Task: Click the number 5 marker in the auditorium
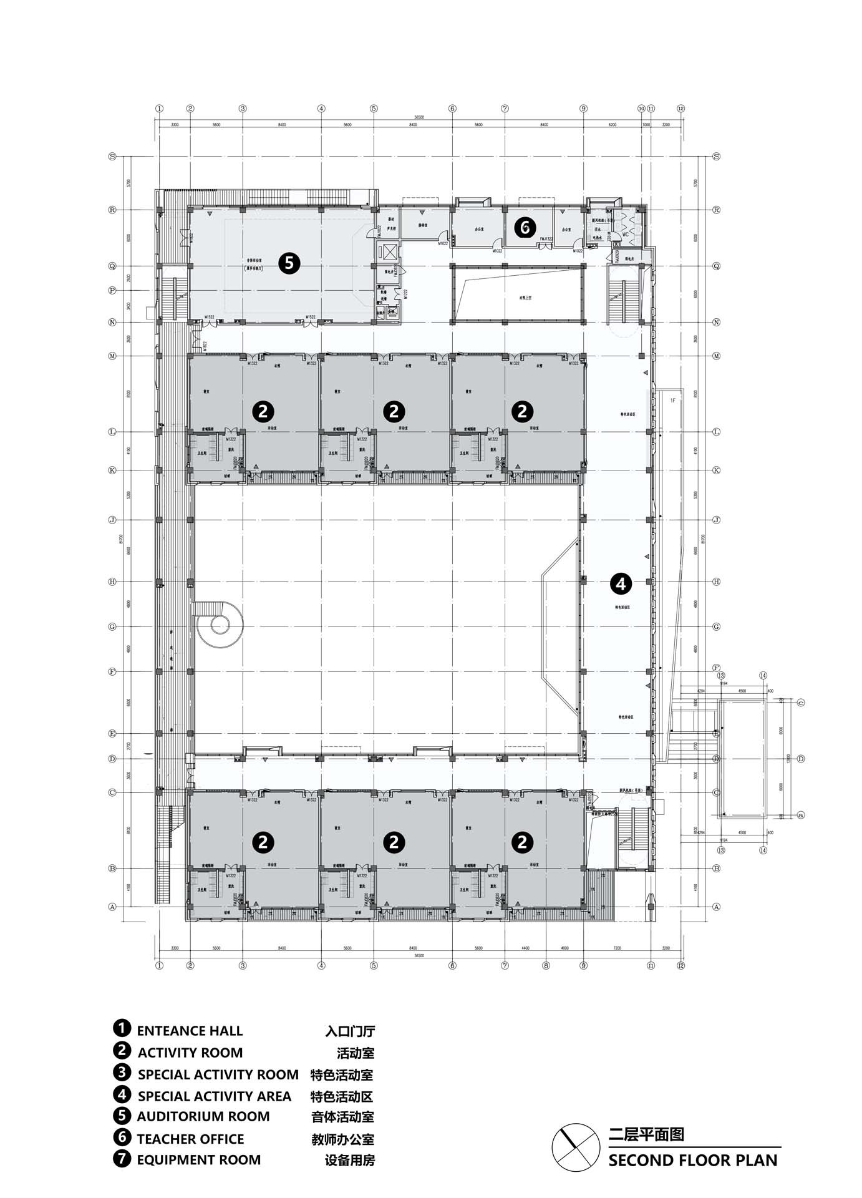(289, 263)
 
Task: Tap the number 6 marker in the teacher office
(525, 228)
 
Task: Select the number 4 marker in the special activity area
(621, 584)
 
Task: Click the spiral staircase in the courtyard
(218, 623)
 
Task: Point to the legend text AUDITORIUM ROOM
(203, 1116)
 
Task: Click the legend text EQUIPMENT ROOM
(199, 1160)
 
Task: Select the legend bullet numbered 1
(122, 1028)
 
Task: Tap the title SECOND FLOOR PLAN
(693, 1161)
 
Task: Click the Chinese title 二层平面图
(647, 1134)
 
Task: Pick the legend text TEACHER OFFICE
(190, 1139)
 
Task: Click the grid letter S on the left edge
(113, 157)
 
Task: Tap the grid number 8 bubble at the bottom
(546, 966)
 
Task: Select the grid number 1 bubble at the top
(159, 109)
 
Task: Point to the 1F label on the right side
(673, 400)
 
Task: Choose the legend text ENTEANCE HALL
(190, 1031)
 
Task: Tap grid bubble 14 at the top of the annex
(763, 676)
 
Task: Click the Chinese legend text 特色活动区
(342, 1096)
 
